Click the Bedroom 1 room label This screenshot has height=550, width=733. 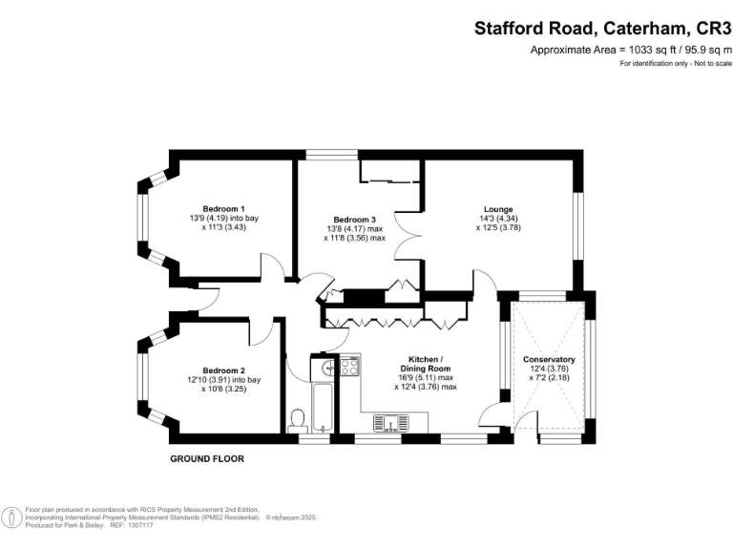pos(223,209)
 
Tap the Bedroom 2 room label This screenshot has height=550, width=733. pos(223,370)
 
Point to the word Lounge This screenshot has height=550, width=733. pos(497,209)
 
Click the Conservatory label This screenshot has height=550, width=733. pos(549,360)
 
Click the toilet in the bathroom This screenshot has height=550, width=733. pos(297,419)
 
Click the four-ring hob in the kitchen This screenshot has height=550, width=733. pos(348,365)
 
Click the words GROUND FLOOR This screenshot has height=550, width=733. pos(207,458)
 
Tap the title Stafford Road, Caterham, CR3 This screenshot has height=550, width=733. pos(603,29)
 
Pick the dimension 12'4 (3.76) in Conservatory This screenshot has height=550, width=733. pos(549,370)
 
